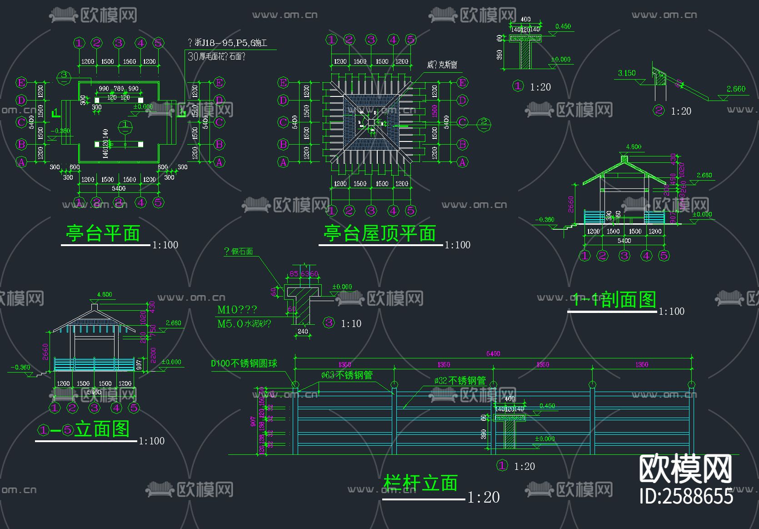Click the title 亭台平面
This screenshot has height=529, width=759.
pos(103,234)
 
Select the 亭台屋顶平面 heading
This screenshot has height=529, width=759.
pos(379,234)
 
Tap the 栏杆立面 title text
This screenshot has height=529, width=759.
pos(420,483)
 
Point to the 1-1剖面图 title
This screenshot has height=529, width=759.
pos(614,300)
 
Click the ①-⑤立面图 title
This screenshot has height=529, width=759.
pos(84,429)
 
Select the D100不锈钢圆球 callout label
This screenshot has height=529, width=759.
pos(244,363)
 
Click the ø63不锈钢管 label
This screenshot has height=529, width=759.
pos(347,375)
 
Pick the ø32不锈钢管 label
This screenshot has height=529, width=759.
pos(460,381)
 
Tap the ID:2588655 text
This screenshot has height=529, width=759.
pos(686,496)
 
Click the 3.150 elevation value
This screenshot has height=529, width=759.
pos(627,73)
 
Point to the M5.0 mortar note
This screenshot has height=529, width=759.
pos(244,324)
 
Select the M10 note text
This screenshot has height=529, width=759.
pos(237,310)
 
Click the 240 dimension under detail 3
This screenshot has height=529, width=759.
pos(303,332)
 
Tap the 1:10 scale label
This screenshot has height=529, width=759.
pos(351,324)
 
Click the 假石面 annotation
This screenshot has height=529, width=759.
pos(239,252)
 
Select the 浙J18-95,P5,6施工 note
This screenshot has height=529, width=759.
pos(228,43)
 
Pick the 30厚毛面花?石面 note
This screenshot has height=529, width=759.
pos(217,56)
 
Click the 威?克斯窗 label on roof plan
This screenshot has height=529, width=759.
pos(442,65)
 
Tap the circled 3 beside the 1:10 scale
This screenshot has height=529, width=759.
pos(329,323)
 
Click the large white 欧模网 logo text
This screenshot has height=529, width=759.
pos(685,469)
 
